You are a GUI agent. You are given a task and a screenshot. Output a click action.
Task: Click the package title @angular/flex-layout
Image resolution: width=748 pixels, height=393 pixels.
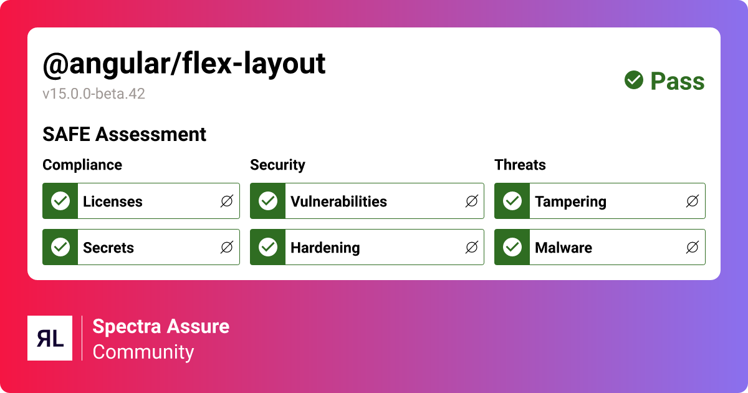[184, 64]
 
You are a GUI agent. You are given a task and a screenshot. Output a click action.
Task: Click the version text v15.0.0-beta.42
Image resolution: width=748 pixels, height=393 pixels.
[93, 94]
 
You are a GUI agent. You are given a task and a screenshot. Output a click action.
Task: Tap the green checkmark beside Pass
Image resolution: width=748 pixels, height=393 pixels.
[634, 80]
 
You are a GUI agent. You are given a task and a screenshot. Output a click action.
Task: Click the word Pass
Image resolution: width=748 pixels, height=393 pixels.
[677, 81]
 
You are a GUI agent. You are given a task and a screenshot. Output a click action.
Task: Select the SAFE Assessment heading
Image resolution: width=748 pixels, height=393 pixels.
[124, 134]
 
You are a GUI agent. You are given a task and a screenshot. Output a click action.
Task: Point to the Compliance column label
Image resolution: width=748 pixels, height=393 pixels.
[82, 165]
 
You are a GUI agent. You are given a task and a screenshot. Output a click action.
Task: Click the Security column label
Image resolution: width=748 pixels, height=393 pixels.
[277, 165]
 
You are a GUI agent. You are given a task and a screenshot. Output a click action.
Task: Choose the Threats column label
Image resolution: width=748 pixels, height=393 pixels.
[520, 165]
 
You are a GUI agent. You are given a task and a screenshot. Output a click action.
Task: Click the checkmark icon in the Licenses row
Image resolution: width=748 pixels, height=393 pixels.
[60, 201]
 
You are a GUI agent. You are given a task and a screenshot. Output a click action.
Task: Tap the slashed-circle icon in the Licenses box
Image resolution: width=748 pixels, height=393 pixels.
[227, 201]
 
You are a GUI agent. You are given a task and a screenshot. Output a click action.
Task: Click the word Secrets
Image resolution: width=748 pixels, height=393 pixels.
[108, 248]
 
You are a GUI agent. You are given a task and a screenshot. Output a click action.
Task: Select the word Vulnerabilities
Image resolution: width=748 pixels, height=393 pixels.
[338, 201]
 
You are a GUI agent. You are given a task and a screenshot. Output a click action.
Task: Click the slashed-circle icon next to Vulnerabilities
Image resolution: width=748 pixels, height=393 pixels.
[472, 201]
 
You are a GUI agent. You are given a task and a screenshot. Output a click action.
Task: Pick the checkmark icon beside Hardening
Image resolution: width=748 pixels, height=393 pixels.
[268, 247]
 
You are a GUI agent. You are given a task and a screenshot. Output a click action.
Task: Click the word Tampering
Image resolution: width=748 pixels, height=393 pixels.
[570, 201]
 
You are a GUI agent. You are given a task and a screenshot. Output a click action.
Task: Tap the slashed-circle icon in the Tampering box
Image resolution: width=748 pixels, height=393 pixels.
[692, 201]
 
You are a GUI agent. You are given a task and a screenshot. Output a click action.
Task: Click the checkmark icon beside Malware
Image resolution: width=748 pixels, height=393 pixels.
[512, 247]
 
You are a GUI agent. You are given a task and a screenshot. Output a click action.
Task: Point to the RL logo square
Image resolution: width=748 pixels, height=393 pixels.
[50, 338]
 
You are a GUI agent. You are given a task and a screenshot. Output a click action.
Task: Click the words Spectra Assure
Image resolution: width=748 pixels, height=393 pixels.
[161, 326]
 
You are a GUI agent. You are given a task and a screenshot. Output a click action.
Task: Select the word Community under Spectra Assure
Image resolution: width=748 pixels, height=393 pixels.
[143, 352]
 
